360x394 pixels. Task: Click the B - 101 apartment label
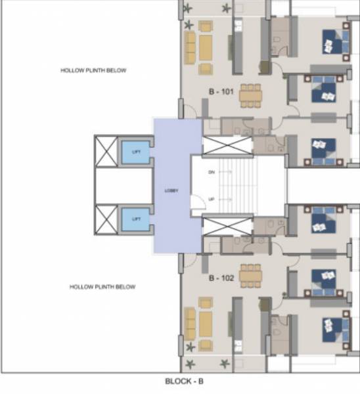click(222, 92)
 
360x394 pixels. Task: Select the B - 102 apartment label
click(222, 278)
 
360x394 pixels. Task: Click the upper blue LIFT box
click(136, 152)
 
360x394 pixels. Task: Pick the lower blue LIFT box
click(136, 218)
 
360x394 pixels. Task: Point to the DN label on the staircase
click(212, 173)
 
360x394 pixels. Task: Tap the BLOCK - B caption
click(189, 380)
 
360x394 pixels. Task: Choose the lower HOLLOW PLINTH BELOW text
click(102, 287)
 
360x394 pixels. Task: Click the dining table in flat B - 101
click(250, 96)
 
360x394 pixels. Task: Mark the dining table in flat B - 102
click(250, 275)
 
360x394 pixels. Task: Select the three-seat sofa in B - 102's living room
click(191, 324)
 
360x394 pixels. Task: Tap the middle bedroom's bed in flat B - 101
click(323, 91)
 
